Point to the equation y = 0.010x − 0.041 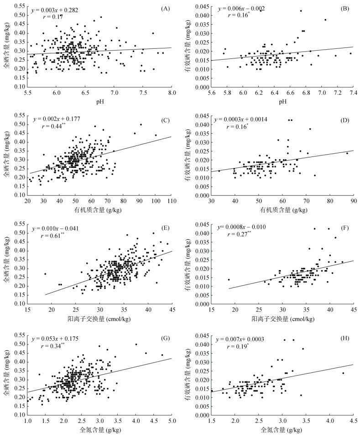[x=58, y=227]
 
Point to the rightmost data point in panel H [x=343, y=373]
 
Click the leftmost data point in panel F [x=229, y=280]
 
